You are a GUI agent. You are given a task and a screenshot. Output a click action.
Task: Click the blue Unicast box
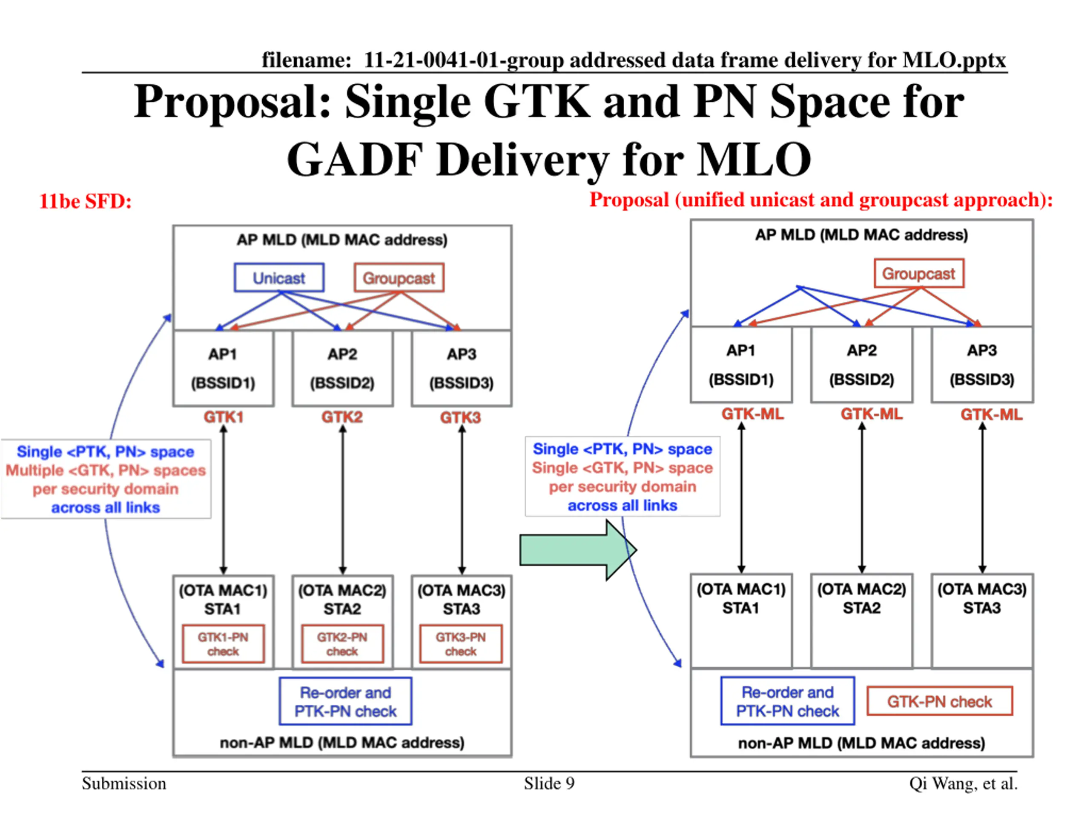coord(279,278)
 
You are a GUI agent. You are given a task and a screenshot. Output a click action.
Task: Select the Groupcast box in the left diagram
coord(399,278)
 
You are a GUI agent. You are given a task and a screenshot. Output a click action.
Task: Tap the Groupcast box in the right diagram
coord(918,273)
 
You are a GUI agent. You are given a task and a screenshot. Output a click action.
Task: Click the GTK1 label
coord(224,417)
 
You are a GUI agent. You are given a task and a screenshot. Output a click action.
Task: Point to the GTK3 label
coord(460,417)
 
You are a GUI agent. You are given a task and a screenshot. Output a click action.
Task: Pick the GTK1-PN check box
coord(223,644)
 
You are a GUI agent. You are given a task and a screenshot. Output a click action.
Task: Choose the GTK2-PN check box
coord(342,644)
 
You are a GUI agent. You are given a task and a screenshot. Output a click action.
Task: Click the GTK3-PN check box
coord(461,644)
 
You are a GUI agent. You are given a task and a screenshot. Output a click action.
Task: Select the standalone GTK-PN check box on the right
coord(939,701)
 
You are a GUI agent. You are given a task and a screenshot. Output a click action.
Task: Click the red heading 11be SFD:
coord(85,201)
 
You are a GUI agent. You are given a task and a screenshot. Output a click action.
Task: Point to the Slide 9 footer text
coord(549,783)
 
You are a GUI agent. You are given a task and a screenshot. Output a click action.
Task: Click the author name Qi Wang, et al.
coord(964,783)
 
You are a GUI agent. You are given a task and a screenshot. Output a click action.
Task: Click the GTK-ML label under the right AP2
coord(871,414)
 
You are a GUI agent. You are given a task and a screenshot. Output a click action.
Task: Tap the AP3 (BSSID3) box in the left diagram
coord(461,369)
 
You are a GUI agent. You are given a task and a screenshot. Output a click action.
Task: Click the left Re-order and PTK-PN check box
coord(345,702)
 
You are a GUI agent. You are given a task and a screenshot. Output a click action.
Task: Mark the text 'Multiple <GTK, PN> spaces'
coord(106,470)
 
